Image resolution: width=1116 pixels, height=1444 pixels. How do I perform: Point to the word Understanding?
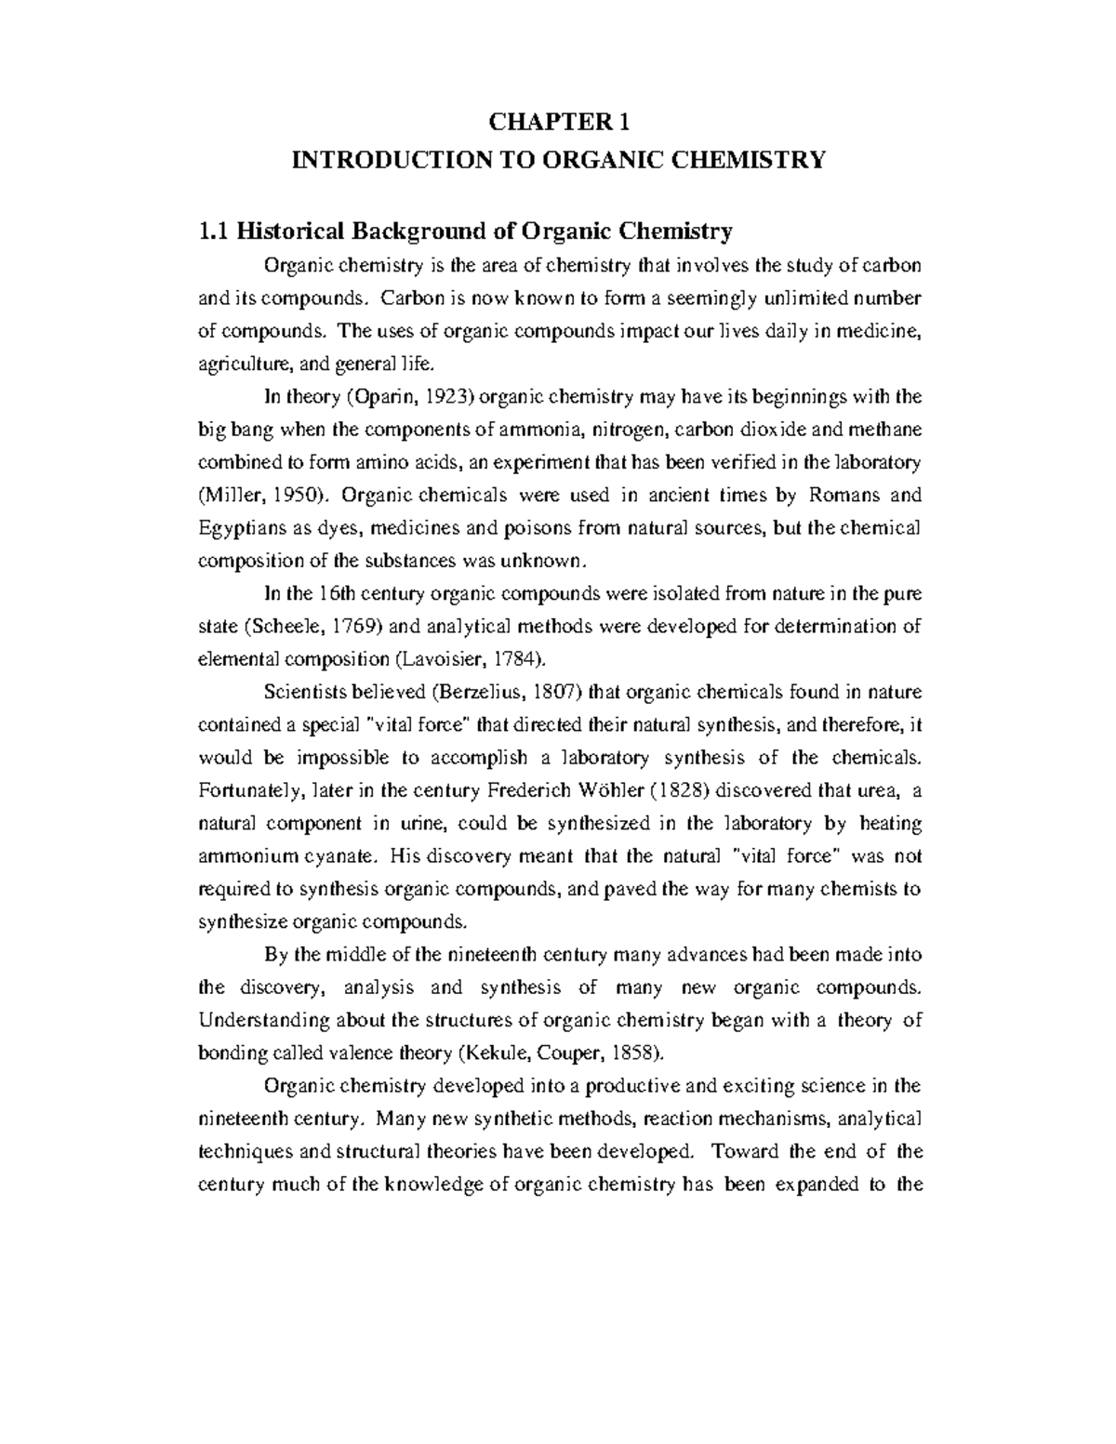pos(263,1020)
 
